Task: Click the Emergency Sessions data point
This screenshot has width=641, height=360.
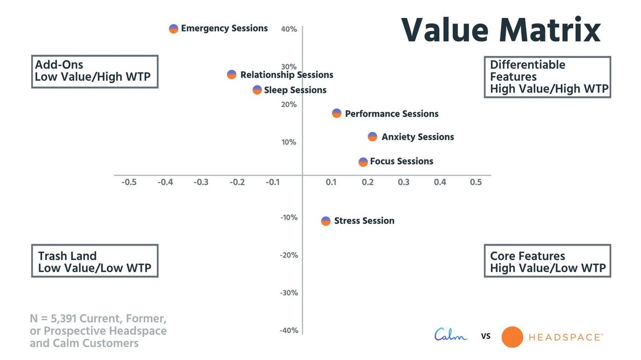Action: point(174,28)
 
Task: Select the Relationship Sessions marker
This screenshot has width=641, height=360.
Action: point(232,75)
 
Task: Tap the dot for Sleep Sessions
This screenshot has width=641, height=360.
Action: point(257,90)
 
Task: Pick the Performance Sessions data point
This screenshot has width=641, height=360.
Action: point(337,113)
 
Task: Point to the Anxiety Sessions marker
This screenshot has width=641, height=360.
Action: point(372,137)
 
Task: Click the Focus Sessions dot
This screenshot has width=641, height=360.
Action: point(363,162)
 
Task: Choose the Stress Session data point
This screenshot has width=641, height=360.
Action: point(326,221)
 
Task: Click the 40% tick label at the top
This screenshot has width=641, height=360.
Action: point(289,29)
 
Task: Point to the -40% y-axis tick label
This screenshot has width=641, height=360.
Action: point(289,330)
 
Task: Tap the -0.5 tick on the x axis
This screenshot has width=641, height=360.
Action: point(129,183)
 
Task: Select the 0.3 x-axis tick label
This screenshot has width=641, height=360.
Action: point(404,183)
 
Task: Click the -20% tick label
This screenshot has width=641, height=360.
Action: point(289,255)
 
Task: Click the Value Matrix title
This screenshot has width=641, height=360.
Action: point(501,30)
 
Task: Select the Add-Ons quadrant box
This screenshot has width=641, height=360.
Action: point(94,71)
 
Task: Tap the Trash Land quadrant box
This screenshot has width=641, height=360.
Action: point(94,261)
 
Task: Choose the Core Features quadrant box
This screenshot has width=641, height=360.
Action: point(547,261)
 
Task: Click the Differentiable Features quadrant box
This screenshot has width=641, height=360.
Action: point(547,76)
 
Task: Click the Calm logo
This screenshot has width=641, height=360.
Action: point(451,335)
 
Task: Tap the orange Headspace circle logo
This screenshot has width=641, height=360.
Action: point(512,337)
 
